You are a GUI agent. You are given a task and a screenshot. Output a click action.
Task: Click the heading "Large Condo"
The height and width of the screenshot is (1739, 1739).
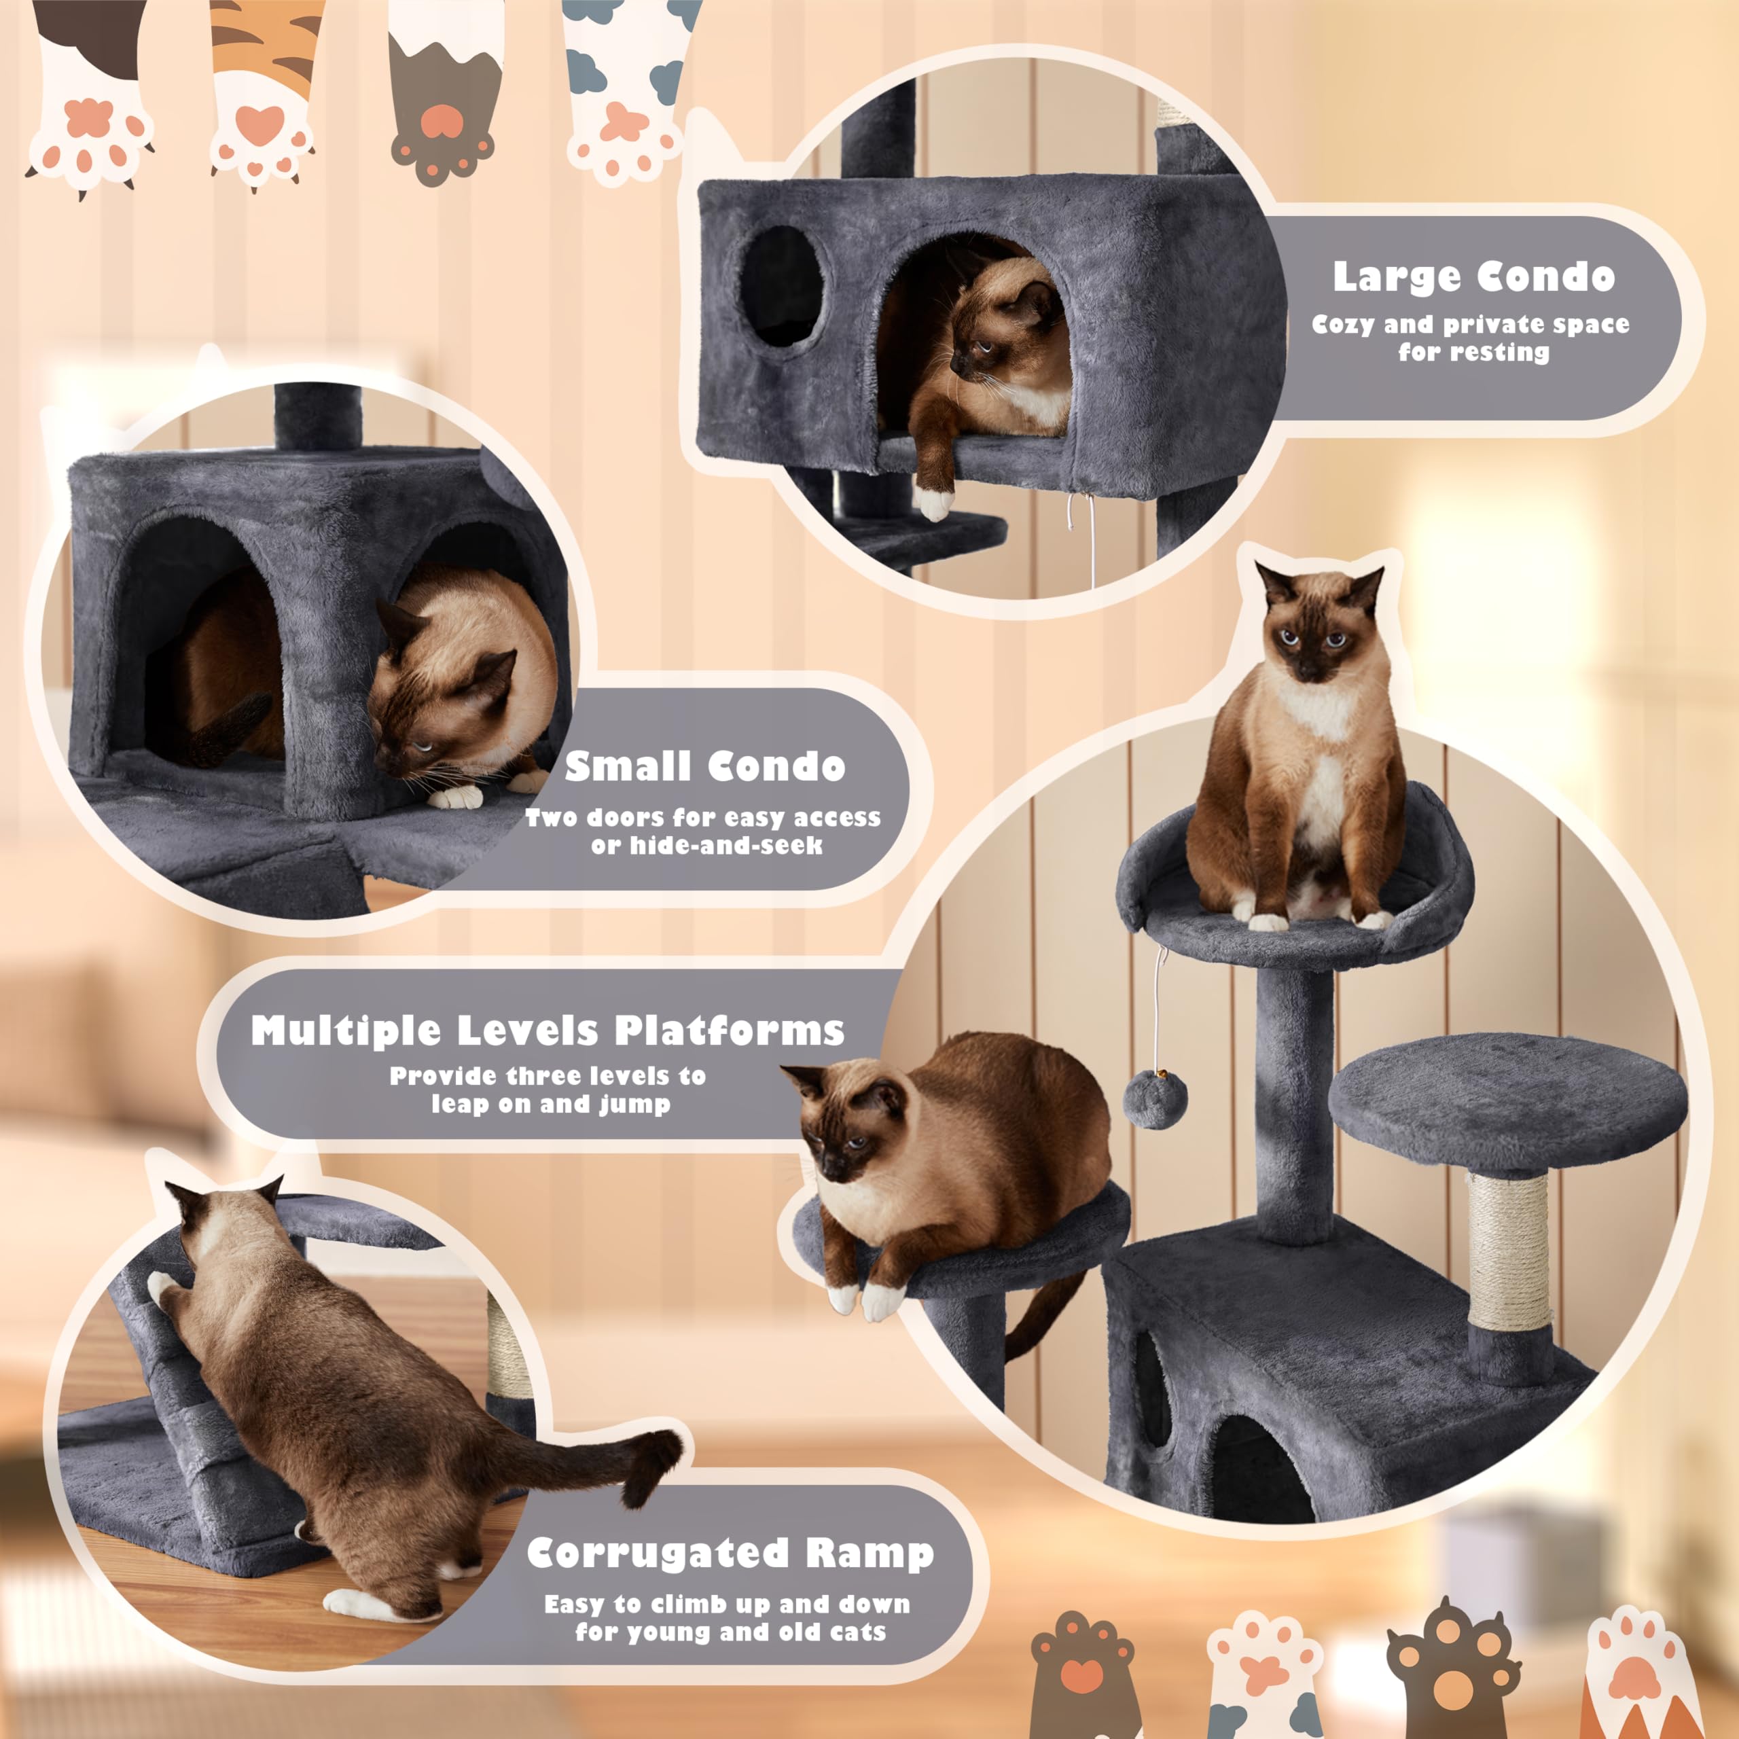1473,276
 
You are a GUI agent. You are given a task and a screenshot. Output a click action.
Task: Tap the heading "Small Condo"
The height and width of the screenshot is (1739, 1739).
705,766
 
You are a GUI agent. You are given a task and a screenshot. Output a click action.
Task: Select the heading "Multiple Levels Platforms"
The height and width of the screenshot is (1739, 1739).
548,1030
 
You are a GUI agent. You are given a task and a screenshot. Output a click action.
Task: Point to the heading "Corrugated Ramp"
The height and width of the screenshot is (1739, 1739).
730,1554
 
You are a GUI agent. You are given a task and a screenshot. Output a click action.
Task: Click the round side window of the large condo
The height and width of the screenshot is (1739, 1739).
781,286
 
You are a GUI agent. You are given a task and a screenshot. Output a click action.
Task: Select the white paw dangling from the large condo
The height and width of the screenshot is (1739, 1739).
934,501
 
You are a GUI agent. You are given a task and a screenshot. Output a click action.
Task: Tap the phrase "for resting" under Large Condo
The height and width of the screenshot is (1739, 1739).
1473,352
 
